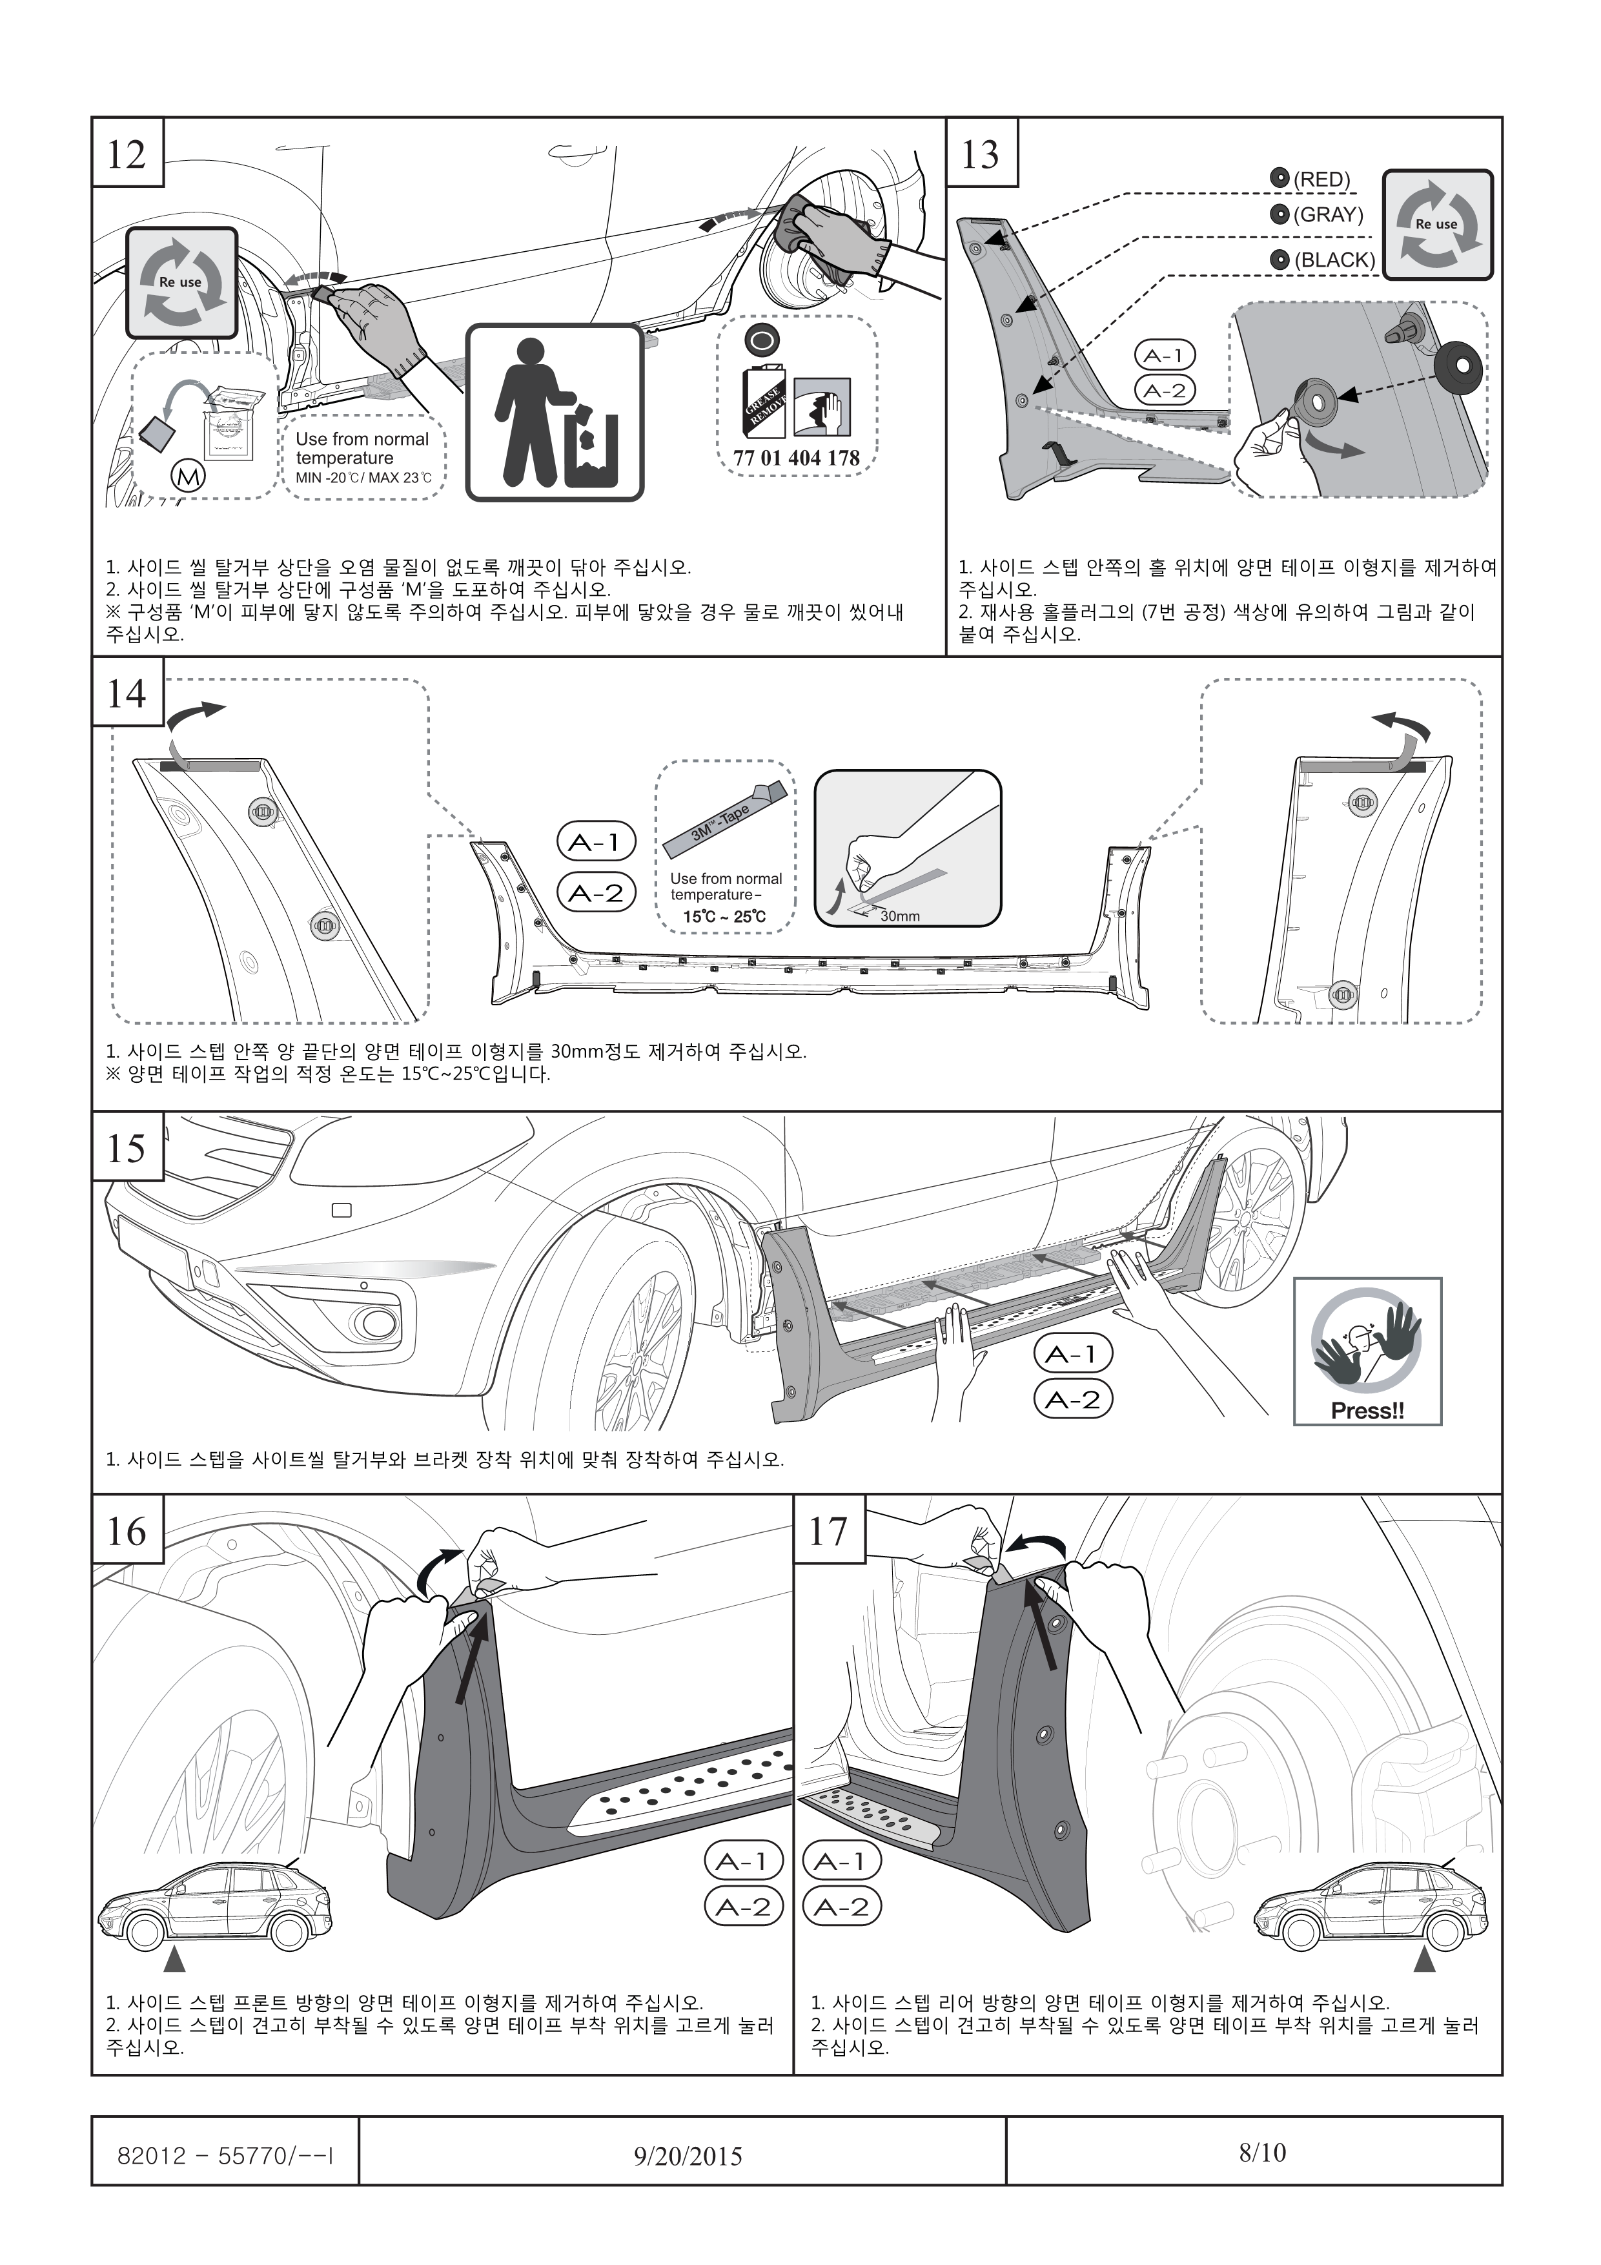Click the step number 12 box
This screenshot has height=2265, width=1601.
[127, 153]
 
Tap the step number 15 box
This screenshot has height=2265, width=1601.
[127, 1147]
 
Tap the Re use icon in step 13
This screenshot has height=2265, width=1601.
[1436, 225]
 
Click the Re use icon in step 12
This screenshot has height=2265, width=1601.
[181, 282]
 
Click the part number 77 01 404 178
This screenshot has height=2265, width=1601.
[796, 458]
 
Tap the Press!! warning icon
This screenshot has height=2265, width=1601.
[1367, 1351]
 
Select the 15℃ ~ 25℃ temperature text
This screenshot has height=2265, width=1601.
[724, 916]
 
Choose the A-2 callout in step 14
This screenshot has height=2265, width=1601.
[596, 894]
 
